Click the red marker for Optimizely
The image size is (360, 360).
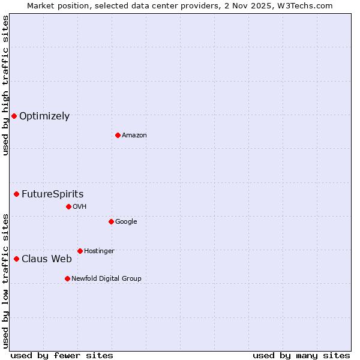tap(14, 116)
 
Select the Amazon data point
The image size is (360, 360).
tap(118, 135)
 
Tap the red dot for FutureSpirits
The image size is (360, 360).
tap(16, 194)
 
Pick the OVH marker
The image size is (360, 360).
tap(68, 206)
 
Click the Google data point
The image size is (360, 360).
tap(111, 221)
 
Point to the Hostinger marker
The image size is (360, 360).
tap(80, 251)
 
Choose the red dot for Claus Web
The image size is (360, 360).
tap(16, 259)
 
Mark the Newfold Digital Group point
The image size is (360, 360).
tap(67, 278)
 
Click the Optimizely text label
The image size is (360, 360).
tap(44, 116)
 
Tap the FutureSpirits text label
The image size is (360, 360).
tap(52, 194)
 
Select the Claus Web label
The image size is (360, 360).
tap(47, 259)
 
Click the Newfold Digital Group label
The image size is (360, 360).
tap(106, 278)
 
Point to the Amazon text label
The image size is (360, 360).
tap(134, 136)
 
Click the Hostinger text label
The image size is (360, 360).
tap(99, 251)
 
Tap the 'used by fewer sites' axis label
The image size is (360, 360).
tap(62, 355)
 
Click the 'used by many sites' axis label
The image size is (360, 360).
tap(301, 355)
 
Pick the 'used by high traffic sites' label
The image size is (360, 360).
tap(5, 85)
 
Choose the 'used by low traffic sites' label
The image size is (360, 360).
tap(5, 281)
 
